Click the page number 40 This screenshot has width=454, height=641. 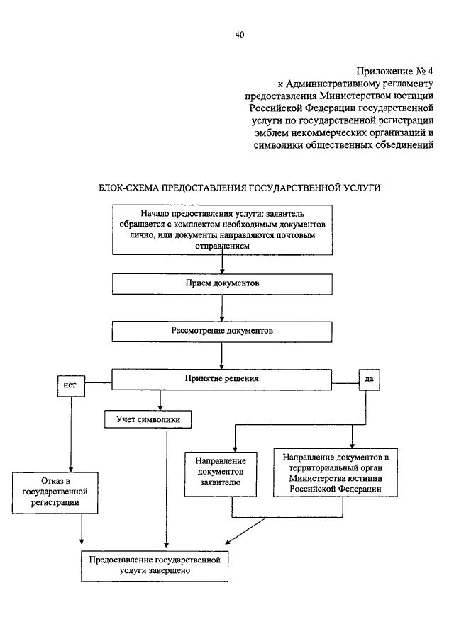point(240,35)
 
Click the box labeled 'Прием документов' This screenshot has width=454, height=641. point(222,284)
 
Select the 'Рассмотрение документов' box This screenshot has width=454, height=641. point(222,331)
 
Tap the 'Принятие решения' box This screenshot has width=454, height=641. point(222,380)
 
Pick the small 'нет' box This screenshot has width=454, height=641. point(71,386)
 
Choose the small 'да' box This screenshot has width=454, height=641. point(370,380)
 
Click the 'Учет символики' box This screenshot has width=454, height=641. point(148,419)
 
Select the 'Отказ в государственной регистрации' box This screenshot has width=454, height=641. point(55,492)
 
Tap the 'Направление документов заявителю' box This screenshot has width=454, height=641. point(221,475)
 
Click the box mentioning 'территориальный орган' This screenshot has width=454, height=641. point(336,472)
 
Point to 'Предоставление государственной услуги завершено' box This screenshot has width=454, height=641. point(155,566)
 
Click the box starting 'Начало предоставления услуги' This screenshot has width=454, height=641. point(222,230)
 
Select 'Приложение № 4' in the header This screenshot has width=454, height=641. point(394,71)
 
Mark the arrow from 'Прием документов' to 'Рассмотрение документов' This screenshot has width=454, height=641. point(222,308)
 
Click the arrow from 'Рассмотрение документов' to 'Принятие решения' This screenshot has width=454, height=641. point(222,356)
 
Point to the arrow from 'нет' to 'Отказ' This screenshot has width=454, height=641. point(71,435)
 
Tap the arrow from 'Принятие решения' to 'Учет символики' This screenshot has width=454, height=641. point(160,400)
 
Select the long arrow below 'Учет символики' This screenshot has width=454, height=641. point(166,489)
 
